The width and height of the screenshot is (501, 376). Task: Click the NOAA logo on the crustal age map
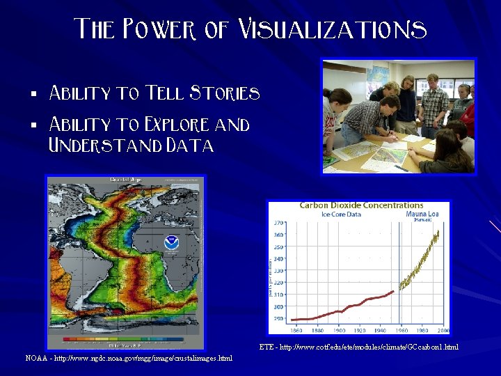(170, 243)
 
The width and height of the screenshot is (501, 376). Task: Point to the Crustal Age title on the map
(125, 180)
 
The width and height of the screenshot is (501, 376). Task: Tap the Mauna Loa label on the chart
(422, 214)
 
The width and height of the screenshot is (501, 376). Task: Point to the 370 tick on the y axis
(278, 223)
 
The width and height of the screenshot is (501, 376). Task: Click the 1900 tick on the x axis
(340, 330)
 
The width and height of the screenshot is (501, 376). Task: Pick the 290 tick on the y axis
(278, 318)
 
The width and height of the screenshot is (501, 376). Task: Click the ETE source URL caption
(358, 347)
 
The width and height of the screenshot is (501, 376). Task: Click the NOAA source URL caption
(129, 358)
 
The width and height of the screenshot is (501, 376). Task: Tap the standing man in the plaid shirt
(434, 104)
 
